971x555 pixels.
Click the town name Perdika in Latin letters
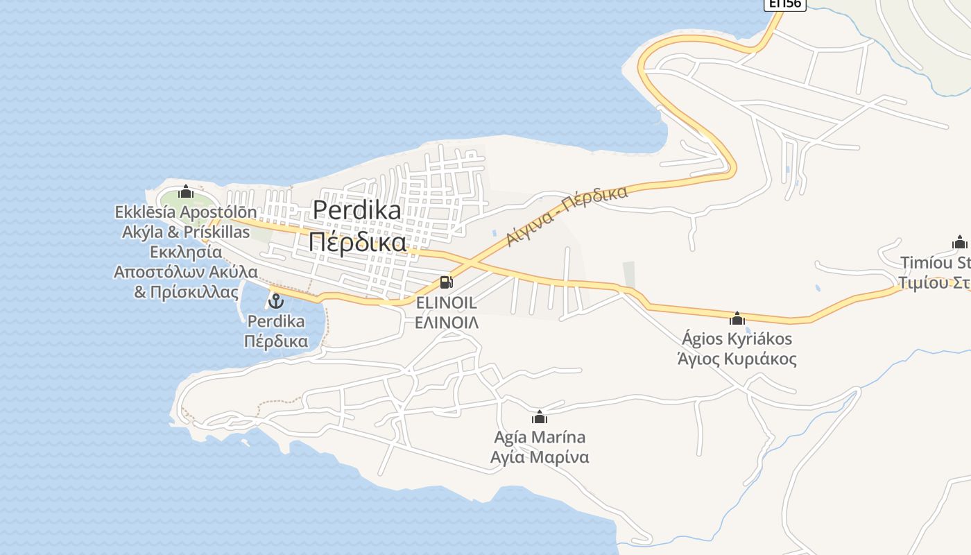tap(356, 210)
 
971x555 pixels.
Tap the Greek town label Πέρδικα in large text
tap(356, 242)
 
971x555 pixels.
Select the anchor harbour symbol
tap(276, 301)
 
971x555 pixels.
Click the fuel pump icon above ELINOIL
tap(446, 282)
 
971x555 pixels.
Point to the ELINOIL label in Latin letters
tap(446, 303)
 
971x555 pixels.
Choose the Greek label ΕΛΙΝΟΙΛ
tap(446, 323)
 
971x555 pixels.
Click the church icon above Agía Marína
tap(539, 417)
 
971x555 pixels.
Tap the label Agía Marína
tap(540, 437)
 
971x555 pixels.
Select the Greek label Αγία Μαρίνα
tap(540, 457)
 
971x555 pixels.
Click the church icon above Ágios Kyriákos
tap(737, 318)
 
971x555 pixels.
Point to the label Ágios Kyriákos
tap(737, 339)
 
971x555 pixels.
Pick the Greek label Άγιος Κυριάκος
tap(737, 359)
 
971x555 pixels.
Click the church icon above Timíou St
tap(960, 242)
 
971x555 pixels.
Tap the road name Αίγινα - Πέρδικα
tap(567, 215)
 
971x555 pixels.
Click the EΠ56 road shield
tap(784, 4)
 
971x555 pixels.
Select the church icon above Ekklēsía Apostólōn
tap(185, 191)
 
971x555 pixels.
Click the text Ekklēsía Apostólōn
tap(186, 212)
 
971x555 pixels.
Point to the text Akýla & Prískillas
tap(186, 232)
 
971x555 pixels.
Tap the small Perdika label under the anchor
tap(276, 321)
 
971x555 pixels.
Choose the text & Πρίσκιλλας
tap(186, 292)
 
